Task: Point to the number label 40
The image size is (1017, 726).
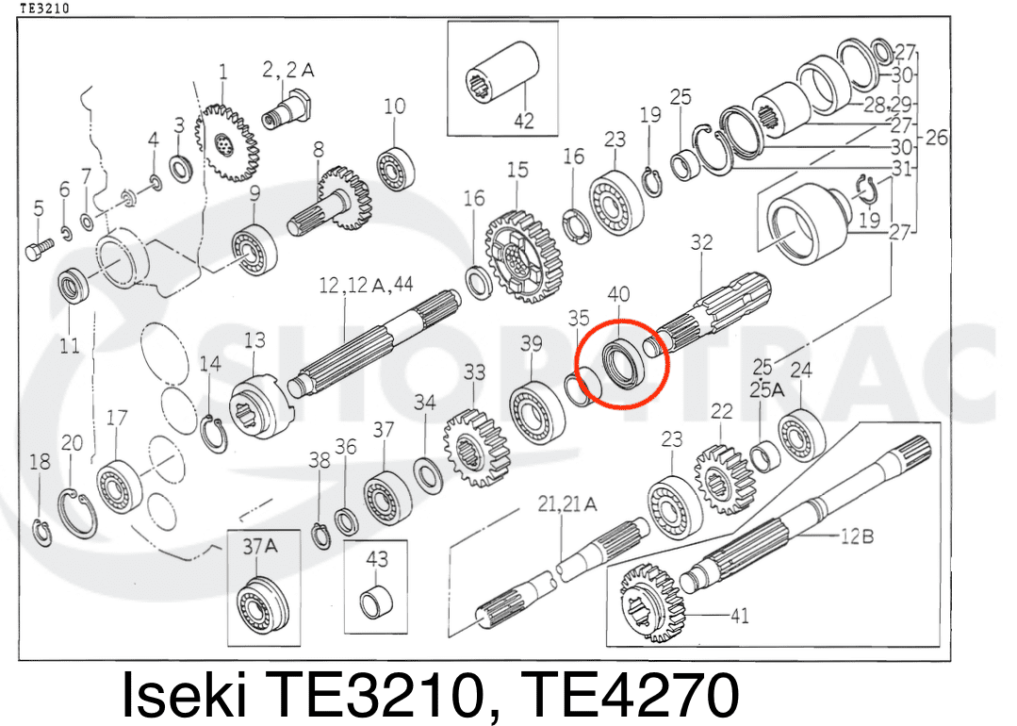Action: coord(619,295)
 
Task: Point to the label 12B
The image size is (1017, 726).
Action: coord(856,536)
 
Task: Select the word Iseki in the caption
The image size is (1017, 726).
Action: coord(184,696)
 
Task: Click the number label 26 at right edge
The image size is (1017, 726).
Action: coord(936,138)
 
